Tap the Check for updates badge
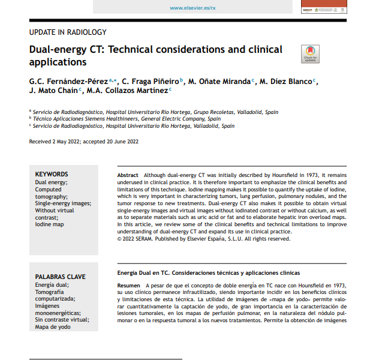310,54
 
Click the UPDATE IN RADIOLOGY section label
68,32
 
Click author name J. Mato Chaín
53,90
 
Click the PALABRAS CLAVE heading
60,277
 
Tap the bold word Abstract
128,174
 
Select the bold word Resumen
129,286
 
